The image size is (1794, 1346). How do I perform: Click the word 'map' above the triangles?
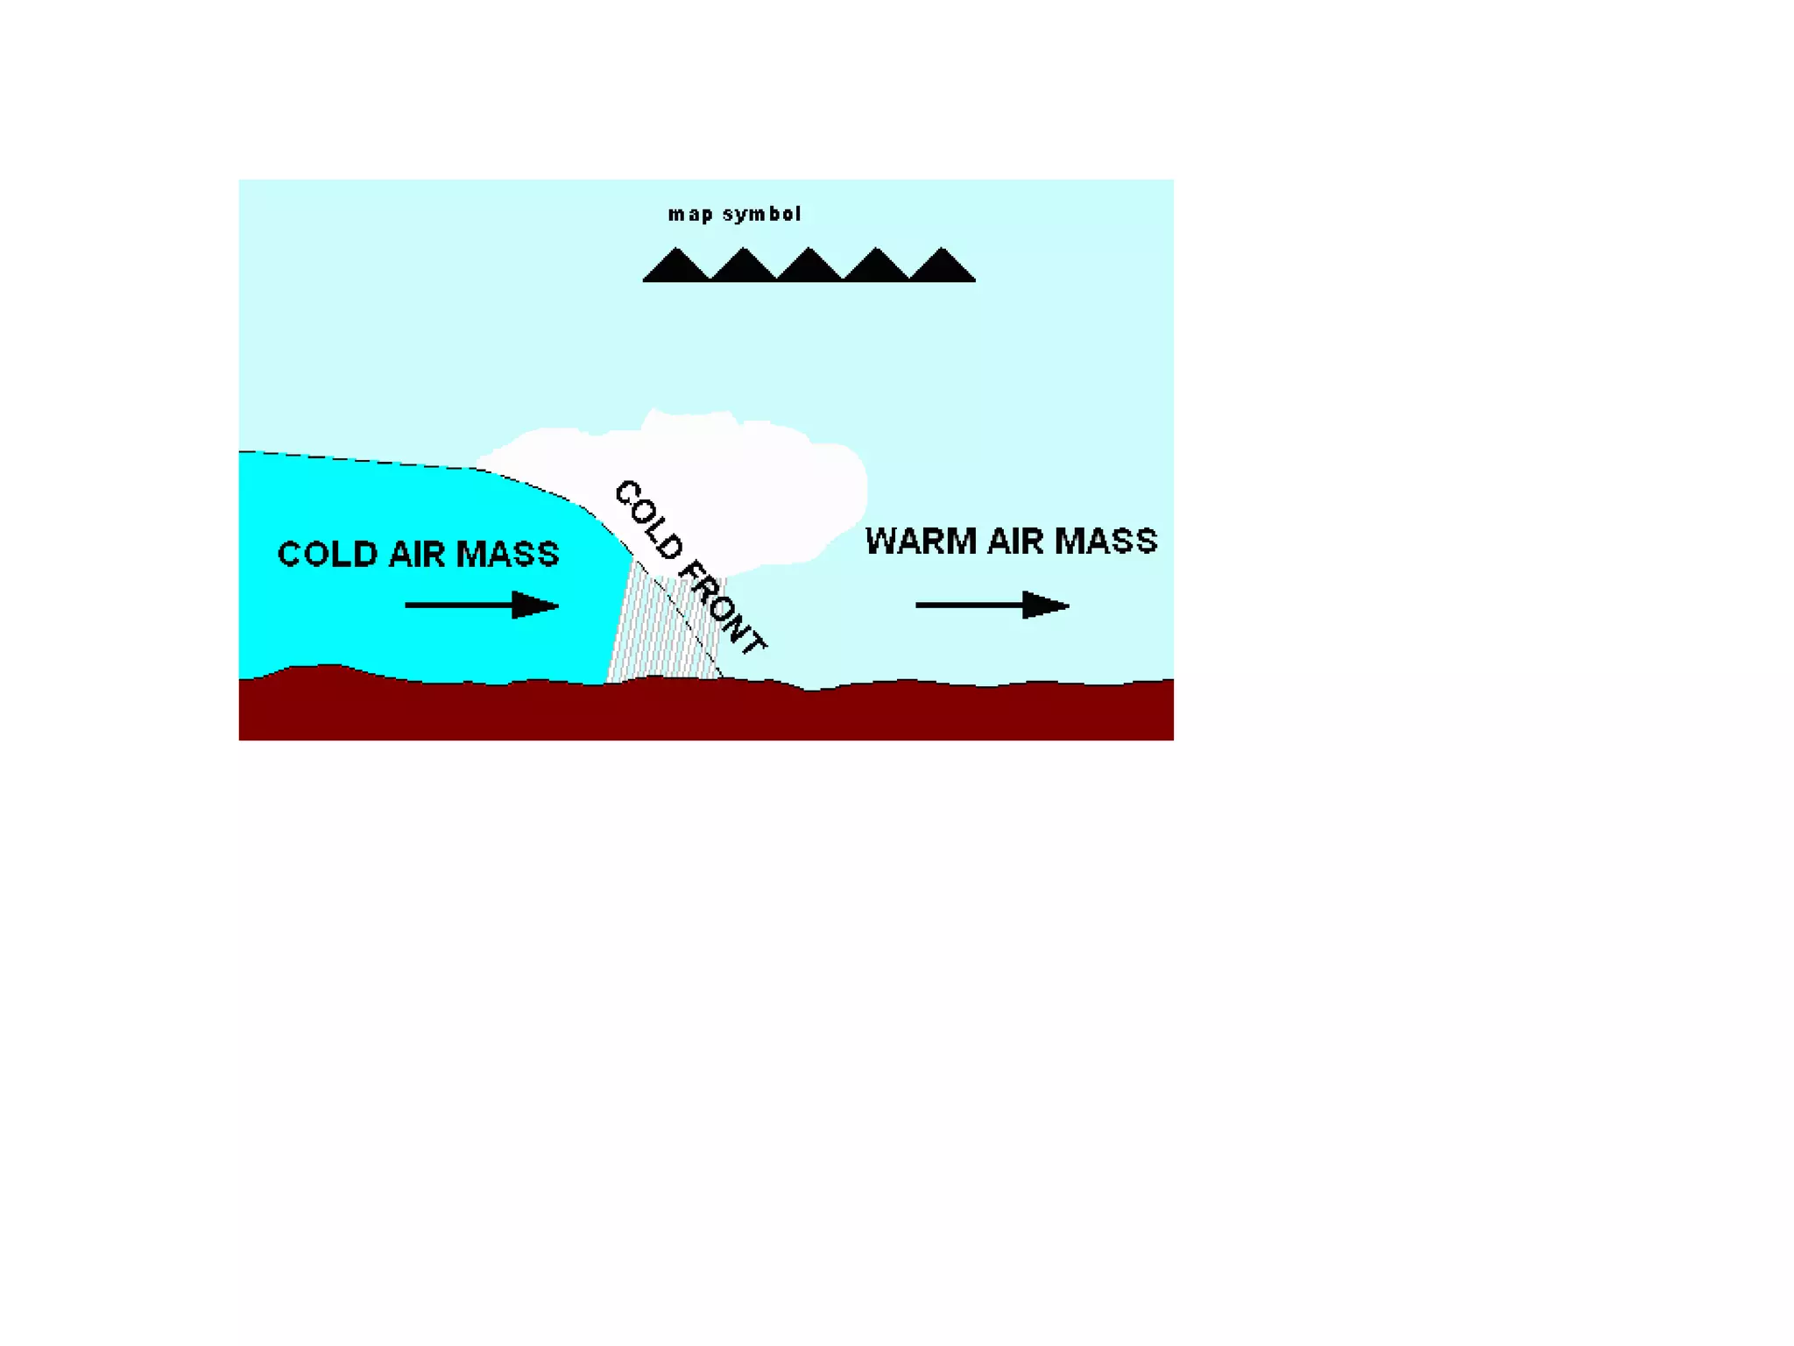click(x=689, y=215)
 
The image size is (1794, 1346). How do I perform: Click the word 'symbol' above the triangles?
click(x=761, y=215)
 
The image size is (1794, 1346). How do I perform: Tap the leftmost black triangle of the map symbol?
click(x=676, y=267)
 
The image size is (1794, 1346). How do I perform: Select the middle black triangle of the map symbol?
click(x=809, y=267)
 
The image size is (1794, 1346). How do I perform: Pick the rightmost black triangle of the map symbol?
click(x=942, y=267)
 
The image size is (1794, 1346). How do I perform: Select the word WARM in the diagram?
click(x=920, y=541)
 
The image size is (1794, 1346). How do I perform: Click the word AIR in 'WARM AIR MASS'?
click(x=1014, y=541)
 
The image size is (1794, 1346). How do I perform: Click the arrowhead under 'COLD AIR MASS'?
click(x=534, y=605)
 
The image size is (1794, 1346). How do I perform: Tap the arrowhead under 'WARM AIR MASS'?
click(x=1045, y=605)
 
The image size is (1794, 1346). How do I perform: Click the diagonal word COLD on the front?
click(x=648, y=519)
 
